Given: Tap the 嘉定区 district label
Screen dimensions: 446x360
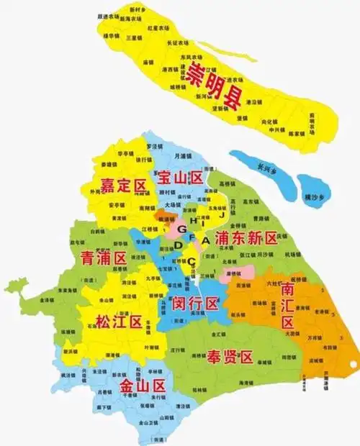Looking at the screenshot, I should pyautogui.click(x=123, y=186).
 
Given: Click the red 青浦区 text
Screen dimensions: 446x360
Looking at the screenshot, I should pyautogui.click(x=103, y=258).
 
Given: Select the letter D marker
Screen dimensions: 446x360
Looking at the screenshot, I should pyautogui.click(x=179, y=245).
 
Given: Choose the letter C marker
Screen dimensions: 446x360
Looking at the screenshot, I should pyautogui.click(x=190, y=261).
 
